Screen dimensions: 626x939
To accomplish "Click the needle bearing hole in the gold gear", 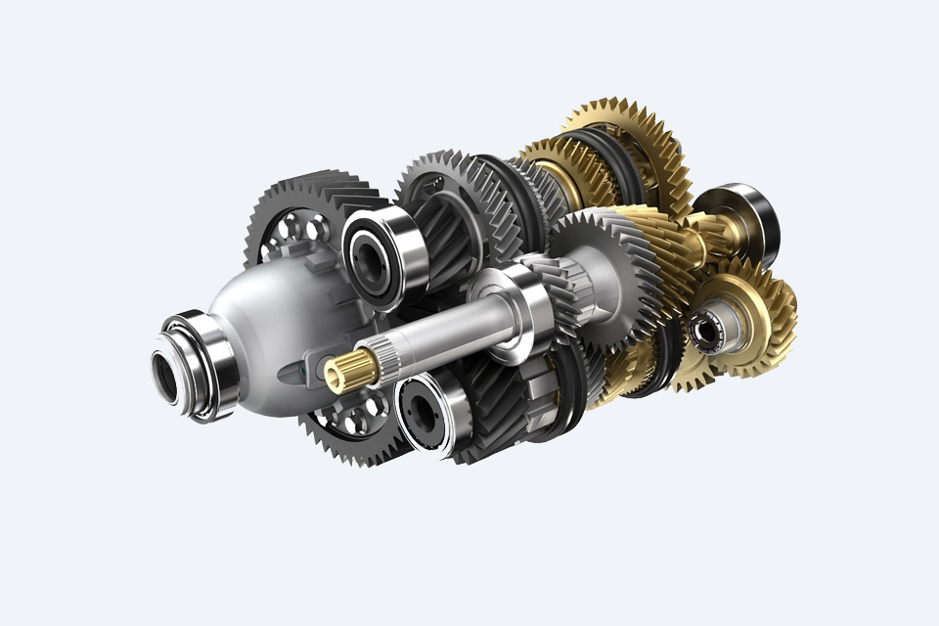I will (x=706, y=331).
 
